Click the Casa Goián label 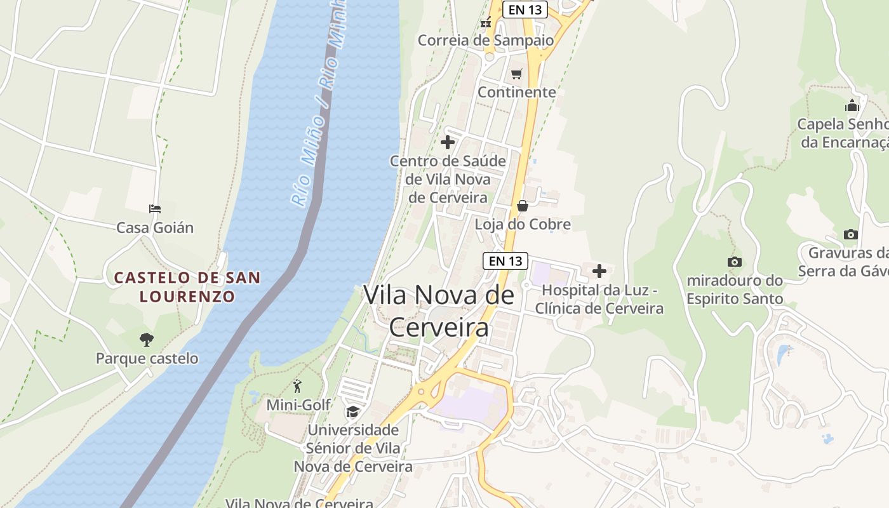(155, 227)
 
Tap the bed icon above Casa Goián (155, 208)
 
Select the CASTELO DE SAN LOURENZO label (187, 286)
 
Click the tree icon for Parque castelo (147, 340)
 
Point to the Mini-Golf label (298, 404)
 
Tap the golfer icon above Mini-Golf (297, 385)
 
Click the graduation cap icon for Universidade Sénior (352, 412)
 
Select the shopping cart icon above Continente (517, 74)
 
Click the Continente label (517, 92)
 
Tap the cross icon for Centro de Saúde (448, 142)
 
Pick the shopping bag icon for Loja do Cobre (523, 206)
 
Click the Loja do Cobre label (523, 224)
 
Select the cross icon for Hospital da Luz (599, 272)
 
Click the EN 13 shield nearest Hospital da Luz (505, 260)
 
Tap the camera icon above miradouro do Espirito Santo (735, 262)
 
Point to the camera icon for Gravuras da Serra (851, 234)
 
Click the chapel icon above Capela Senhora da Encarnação (852, 105)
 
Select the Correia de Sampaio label (486, 40)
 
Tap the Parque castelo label (147, 358)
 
